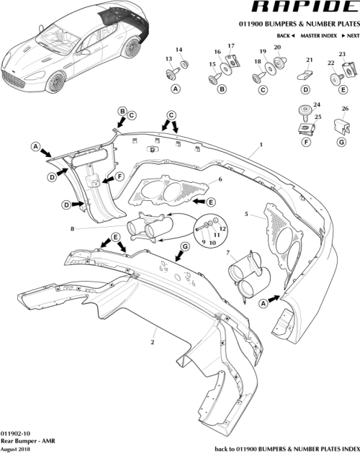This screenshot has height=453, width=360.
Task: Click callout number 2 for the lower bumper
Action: (153, 345)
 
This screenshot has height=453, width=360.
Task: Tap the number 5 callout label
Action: (246, 214)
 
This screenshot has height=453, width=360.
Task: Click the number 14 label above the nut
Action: (180, 50)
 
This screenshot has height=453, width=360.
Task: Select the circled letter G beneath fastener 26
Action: (344, 141)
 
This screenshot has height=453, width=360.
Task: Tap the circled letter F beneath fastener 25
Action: (306, 141)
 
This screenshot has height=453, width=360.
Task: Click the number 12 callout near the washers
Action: (222, 228)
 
